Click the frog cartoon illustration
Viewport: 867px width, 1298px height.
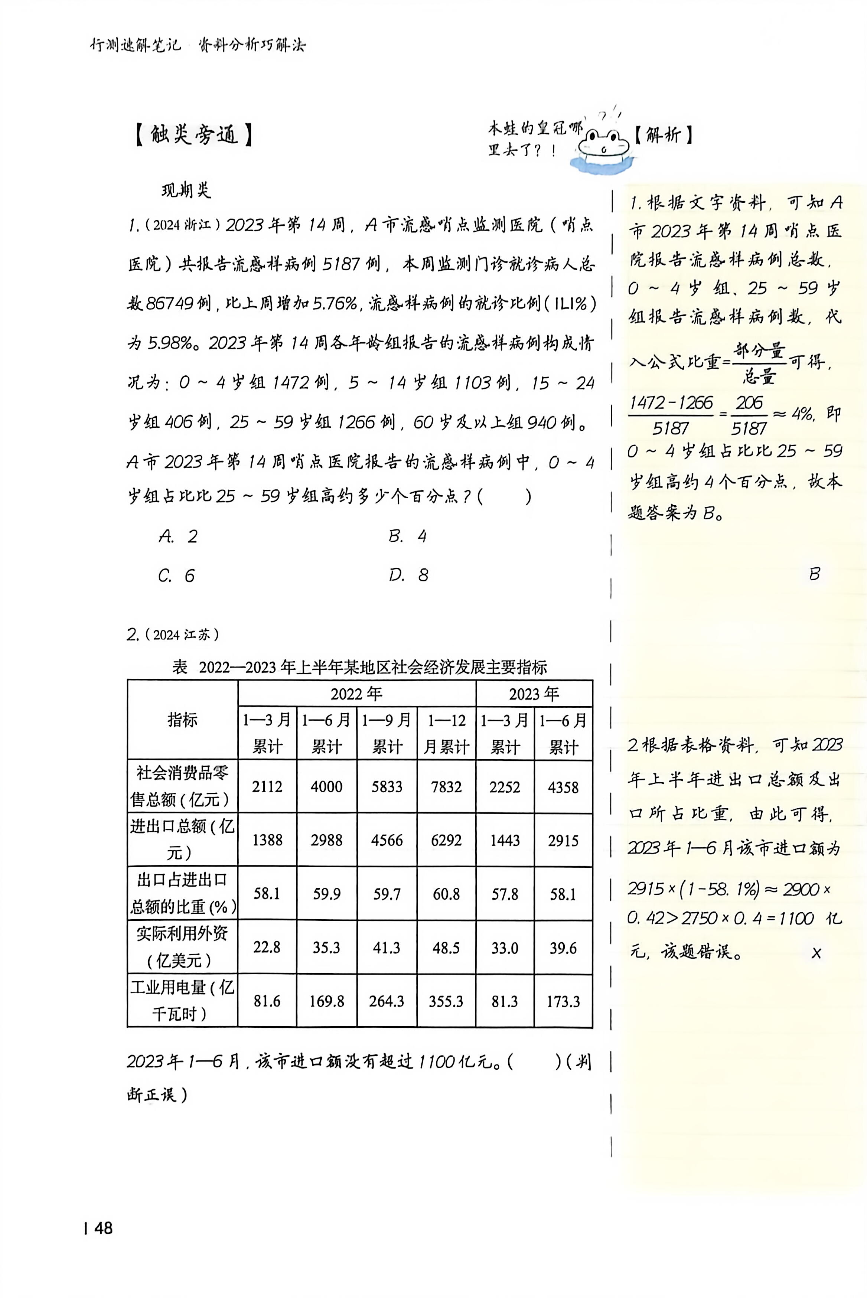click(x=603, y=147)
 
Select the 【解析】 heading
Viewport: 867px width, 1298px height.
click(x=663, y=134)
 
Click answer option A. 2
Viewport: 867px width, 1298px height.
click(x=178, y=536)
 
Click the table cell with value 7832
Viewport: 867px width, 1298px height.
click(x=446, y=787)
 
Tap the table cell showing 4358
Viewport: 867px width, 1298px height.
click(x=563, y=787)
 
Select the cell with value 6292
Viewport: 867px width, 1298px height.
click(x=446, y=840)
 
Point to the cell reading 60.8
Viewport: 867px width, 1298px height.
click(x=446, y=894)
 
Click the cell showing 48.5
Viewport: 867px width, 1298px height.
click(x=446, y=948)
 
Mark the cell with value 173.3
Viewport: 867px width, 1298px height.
click(x=563, y=1001)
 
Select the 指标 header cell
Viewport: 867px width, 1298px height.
click(x=182, y=720)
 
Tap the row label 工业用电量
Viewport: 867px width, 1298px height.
click(x=182, y=1001)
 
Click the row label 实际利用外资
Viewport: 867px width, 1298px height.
click(x=182, y=947)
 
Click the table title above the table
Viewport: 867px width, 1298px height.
click(x=359, y=667)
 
